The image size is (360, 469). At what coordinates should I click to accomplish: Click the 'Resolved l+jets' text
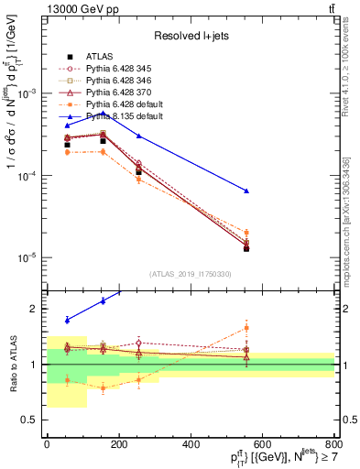[190, 36]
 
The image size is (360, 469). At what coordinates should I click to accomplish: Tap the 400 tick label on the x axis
[191, 444]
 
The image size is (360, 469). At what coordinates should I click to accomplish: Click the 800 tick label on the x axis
[334, 444]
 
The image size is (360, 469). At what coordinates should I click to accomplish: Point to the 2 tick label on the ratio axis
[36, 310]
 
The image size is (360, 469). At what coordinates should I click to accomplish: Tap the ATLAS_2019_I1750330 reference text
[191, 274]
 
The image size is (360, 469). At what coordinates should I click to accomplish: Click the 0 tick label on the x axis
[47, 444]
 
